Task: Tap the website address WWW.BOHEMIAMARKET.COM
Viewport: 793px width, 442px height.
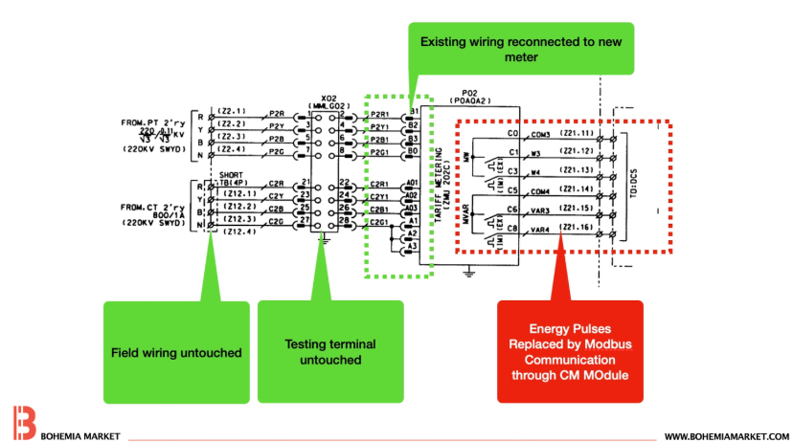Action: (x=726, y=436)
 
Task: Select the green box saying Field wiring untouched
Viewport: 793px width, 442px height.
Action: (x=174, y=352)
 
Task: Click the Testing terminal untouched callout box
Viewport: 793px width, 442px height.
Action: (x=329, y=352)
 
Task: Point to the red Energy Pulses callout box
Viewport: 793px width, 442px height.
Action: (x=569, y=351)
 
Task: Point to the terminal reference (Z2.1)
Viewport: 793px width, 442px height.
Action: (x=232, y=111)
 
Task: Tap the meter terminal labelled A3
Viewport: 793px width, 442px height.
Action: (x=413, y=247)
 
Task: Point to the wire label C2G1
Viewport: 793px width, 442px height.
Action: (x=379, y=222)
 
